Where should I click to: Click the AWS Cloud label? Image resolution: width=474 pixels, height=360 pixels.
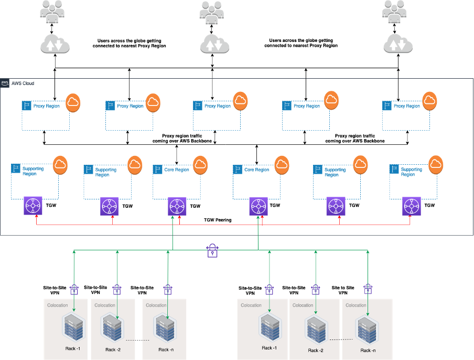click(23, 83)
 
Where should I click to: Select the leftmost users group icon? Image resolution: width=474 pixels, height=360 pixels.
click(52, 11)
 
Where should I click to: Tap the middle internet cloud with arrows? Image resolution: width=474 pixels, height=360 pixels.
click(214, 45)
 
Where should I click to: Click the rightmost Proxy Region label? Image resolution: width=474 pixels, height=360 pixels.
click(407, 106)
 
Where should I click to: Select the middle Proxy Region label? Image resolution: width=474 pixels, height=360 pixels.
click(217, 106)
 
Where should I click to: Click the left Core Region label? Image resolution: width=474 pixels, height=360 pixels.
click(177, 170)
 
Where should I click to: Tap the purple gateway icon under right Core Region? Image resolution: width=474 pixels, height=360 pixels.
click(258, 206)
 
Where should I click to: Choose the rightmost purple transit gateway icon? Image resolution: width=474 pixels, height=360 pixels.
click(412, 206)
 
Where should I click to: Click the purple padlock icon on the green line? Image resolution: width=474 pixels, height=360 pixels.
click(212, 250)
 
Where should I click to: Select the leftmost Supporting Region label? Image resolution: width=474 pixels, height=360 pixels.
click(33, 172)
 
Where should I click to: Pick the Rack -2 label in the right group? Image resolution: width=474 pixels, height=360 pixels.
click(316, 350)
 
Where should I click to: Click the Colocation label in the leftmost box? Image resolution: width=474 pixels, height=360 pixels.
click(58, 305)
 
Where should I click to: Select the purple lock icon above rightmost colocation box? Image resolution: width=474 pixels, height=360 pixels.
click(368, 288)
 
